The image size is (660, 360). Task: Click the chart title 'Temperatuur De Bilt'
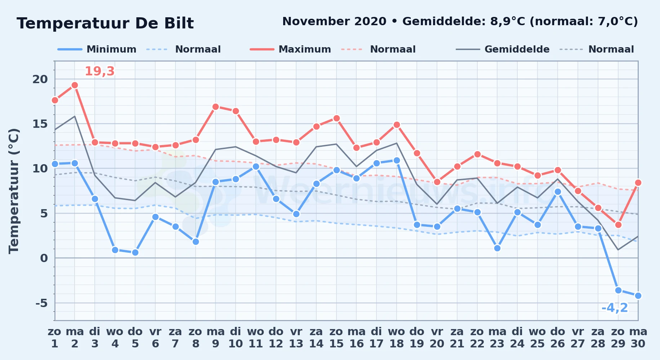(105, 23)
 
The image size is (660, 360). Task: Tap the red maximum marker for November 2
(75, 85)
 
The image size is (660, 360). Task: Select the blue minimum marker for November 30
(638, 296)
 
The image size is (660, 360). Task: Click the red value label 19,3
(99, 71)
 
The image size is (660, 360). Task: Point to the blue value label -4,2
(615, 308)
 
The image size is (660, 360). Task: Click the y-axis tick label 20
(40, 79)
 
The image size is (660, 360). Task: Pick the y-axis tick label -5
(41, 303)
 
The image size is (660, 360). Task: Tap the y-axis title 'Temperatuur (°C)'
(14, 191)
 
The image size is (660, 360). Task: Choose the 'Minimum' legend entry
(97, 49)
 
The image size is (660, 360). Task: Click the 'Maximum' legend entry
(290, 49)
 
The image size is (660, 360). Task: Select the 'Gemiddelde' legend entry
(503, 49)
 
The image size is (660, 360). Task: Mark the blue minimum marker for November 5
(135, 252)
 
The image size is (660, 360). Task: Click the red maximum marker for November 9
(215, 107)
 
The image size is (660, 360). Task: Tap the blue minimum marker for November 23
(497, 248)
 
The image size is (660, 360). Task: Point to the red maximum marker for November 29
(618, 225)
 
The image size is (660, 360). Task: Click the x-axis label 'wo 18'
(397, 337)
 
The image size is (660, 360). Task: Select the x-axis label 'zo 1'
(54, 337)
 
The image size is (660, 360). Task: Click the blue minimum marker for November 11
(256, 166)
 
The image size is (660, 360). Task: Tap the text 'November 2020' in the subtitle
(334, 22)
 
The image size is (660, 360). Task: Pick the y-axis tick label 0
(44, 258)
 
